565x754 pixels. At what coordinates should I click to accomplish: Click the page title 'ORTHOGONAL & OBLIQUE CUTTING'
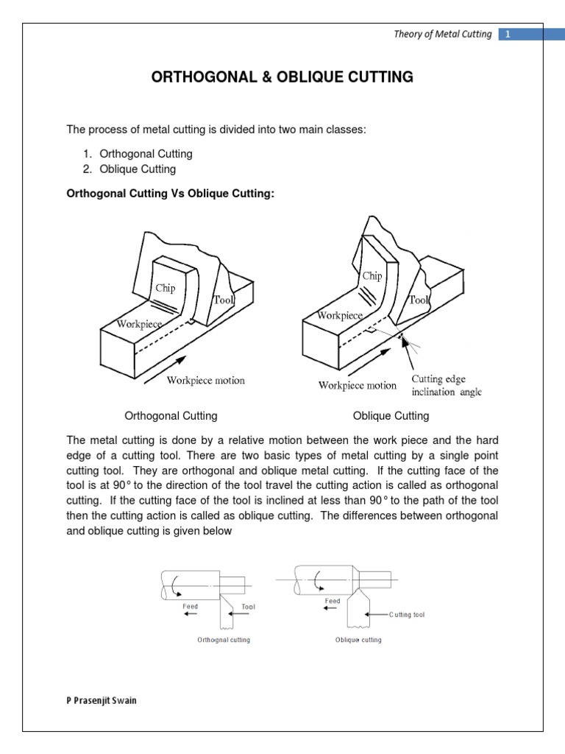pyautogui.click(x=282, y=77)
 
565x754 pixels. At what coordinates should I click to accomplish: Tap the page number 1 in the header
pyautogui.click(x=508, y=34)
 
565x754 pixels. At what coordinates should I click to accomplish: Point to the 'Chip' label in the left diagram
pyautogui.click(x=165, y=288)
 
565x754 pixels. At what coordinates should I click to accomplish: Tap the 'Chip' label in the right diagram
pyautogui.click(x=372, y=275)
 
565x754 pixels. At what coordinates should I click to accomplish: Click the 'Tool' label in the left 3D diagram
pyautogui.click(x=222, y=300)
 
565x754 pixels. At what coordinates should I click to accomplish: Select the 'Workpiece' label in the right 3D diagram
pyautogui.click(x=340, y=315)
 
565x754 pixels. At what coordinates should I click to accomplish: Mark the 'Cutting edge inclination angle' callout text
pyautogui.click(x=447, y=385)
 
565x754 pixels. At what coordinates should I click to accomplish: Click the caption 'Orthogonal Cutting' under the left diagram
pyautogui.click(x=171, y=416)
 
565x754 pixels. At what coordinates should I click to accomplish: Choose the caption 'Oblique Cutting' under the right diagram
pyautogui.click(x=391, y=416)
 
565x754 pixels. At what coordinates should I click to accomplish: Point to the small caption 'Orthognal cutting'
pyautogui.click(x=224, y=640)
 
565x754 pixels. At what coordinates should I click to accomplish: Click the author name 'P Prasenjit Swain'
pyautogui.click(x=102, y=700)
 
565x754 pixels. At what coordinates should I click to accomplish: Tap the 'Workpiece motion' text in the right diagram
pyautogui.click(x=358, y=385)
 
